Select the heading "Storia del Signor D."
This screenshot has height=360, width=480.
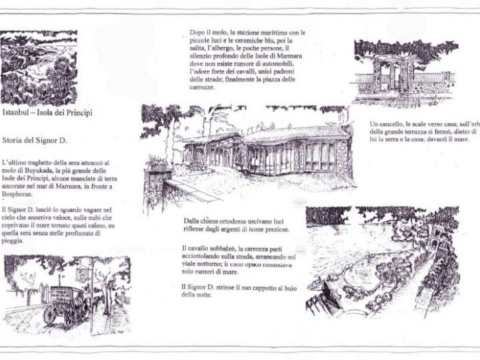(x=34, y=139)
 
